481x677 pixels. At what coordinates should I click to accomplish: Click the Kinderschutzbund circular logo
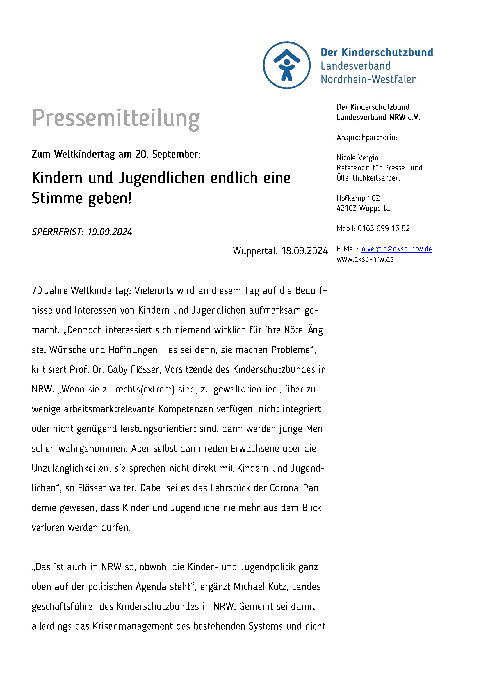click(x=286, y=65)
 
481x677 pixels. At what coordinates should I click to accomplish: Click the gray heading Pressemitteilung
click(x=116, y=118)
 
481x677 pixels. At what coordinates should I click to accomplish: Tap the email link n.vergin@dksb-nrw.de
click(x=396, y=249)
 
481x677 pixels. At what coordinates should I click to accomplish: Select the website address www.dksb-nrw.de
click(x=365, y=259)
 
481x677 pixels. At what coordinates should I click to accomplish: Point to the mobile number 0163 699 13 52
click(x=384, y=228)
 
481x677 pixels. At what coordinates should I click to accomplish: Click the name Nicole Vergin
click(x=357, y=158)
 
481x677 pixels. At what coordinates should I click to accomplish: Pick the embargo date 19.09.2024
click(x=110, y=232)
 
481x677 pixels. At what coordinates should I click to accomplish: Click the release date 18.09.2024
click(x=304, y=251)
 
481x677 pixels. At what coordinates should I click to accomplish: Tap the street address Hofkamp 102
click(x=358, y=198)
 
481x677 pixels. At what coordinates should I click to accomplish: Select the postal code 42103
click(x=346, y=208)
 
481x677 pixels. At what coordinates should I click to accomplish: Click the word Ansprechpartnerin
click(x=366, y=138)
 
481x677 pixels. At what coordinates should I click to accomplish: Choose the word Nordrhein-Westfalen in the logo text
click(x=369, y=79)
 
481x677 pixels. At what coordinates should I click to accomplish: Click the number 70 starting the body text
click(x=37, y=291)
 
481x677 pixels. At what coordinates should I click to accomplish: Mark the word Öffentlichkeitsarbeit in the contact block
click(x=368, y=178)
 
